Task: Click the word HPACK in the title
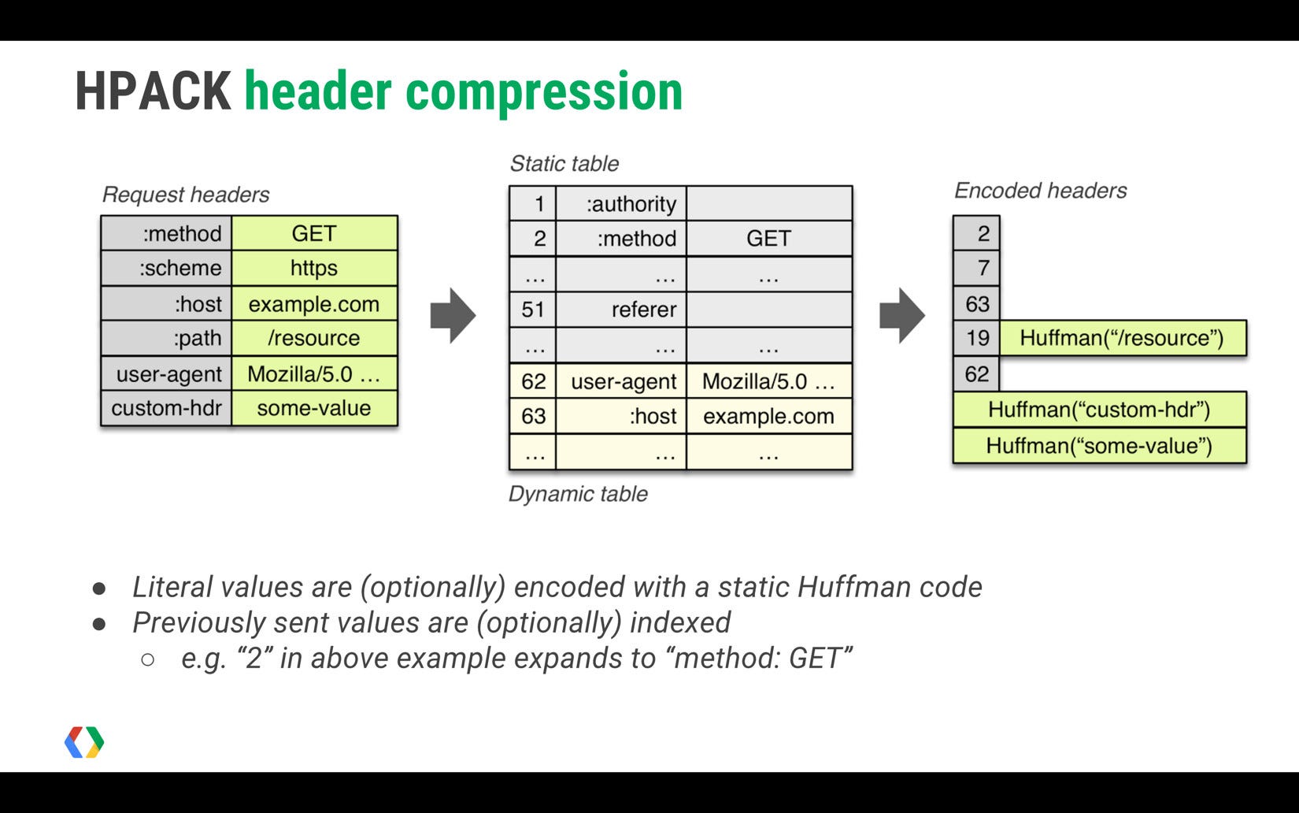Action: [x=153, y=91]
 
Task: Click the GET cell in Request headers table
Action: [x=314, y=233]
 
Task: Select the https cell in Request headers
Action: [x=314, y=268]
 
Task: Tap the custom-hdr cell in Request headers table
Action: [x=166, y=408]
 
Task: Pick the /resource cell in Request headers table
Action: [x=314, y=338]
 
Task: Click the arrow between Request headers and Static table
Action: [x=453, y=316]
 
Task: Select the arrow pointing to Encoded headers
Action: [x=901, y=316]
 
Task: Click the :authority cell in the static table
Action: [x=630, y=204]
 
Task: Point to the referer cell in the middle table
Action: [x=643, y=310]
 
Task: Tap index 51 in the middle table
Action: [x=533, y=310]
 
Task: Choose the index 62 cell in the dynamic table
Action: [x=533, y=381]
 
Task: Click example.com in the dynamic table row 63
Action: [x=768, y=416]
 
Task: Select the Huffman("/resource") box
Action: [x=1122, y=338]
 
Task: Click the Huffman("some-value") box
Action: [x=1099, y=446]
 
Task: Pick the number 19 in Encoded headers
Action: [x=977, y=338]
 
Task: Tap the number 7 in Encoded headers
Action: [x=983, y=268]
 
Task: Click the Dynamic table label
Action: [x=578, y=494]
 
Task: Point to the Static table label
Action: [x=564, y=164]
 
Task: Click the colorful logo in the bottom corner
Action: [x=84, y=742]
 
